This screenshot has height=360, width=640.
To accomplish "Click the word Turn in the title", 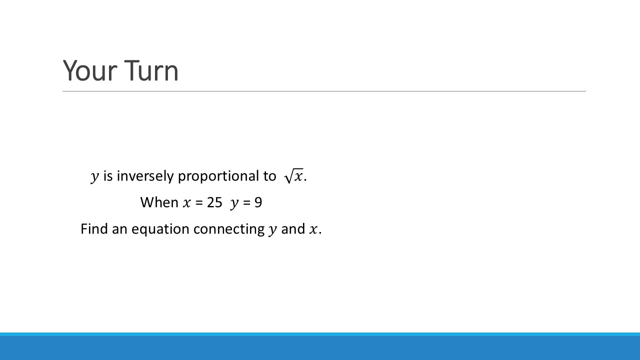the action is click(151, 70).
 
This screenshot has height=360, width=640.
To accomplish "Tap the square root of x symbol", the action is click(293, 175).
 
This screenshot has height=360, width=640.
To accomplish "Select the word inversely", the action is click(145, 175).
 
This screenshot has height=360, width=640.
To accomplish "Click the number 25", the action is click(214, 202).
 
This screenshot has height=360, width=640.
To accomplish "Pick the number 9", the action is click(258, 202).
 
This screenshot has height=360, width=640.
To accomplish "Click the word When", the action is click(159, 202).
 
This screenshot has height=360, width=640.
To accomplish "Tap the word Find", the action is click(94, 229).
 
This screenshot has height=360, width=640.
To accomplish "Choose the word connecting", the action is click(229, 229).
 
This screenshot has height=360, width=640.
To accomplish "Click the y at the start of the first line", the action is click(95, 176).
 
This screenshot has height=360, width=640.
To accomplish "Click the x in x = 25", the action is click(186, 203).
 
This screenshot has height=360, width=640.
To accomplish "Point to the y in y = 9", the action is click(234, 203).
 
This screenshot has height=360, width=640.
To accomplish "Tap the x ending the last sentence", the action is click(313, 229).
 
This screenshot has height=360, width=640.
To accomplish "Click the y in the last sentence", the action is click(273, 230).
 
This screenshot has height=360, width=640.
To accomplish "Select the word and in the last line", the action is click(293, 229).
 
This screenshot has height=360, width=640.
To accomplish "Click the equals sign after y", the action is click(246, 203).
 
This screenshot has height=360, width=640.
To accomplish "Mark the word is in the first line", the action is click(108, 175).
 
